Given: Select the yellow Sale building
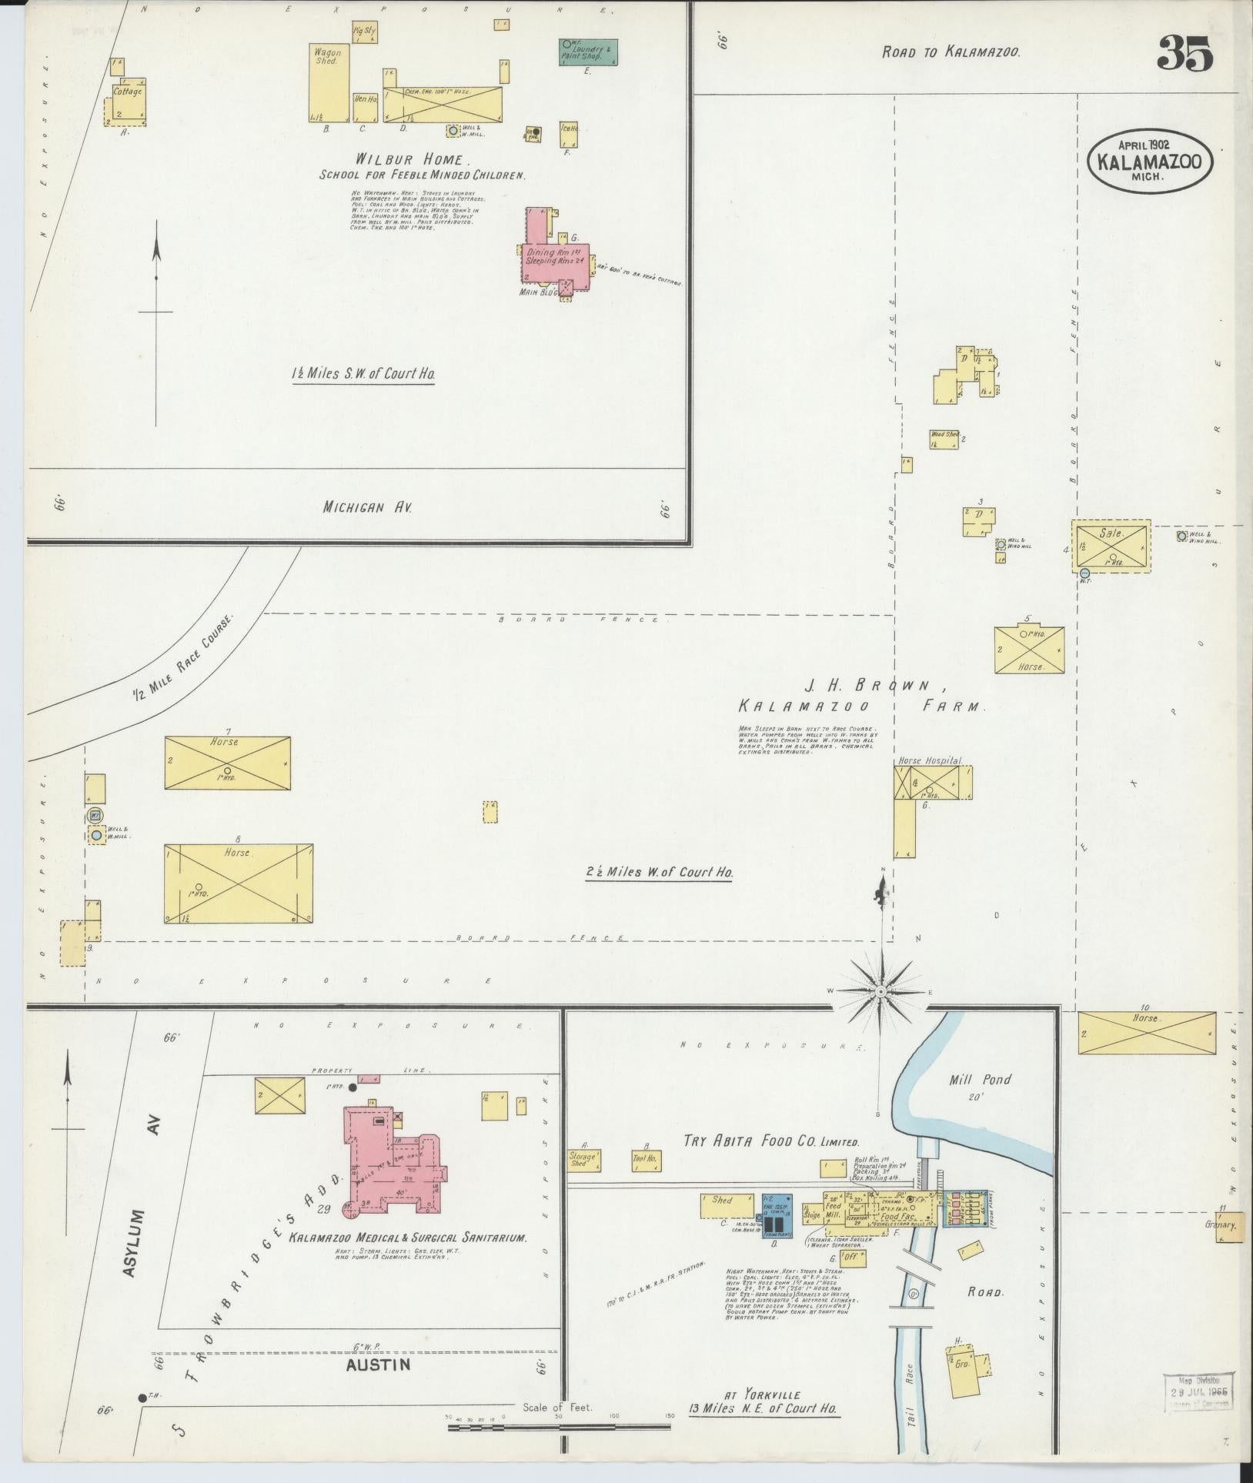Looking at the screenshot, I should [1111, 546].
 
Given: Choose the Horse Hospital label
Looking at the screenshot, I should [931, 760].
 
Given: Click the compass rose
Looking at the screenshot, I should [880, 993].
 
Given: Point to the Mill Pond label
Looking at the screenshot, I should [979, 1080].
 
